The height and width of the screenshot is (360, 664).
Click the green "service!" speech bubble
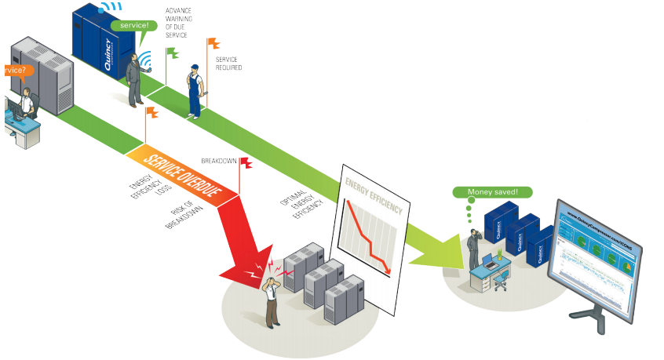(x=130, y=25)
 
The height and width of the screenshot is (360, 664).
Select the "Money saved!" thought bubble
(x=493, y=191)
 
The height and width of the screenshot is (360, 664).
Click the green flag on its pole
(x=172, y=53)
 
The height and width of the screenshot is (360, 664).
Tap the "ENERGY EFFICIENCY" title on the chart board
(x=374, y=197)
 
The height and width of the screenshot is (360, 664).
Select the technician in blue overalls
(x=194, y=90)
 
